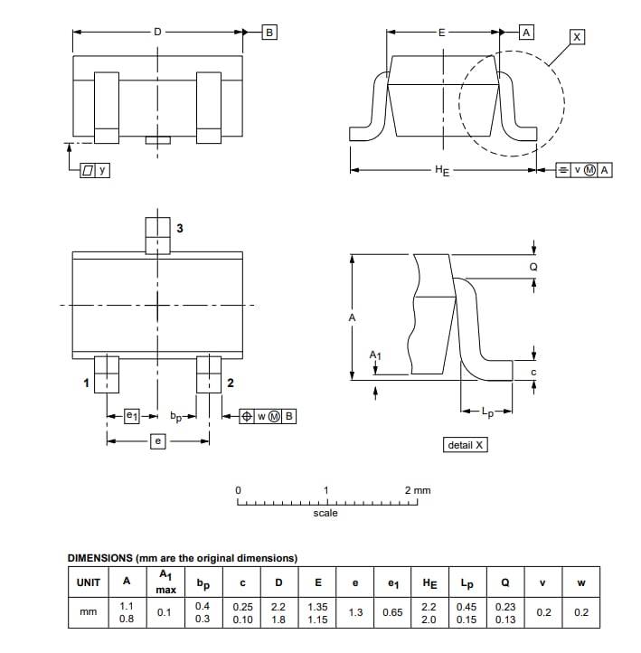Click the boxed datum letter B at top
click(269, 33)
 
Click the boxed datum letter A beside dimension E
click(526, 33)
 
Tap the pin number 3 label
click(179, 229)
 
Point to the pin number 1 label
click(87, 383)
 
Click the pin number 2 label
click(231, 383)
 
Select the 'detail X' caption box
click(467, 445)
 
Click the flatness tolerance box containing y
click(95, 169)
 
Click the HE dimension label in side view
click(442, 170)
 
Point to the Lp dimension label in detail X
click(487, 413)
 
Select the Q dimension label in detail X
click(533, 268)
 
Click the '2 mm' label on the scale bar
click(418, 490)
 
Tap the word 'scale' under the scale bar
click(325, 513)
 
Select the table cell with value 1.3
click(355, 612)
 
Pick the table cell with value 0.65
click(392, 612)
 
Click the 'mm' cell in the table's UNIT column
click(89, 612)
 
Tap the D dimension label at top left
click(158, 32)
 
